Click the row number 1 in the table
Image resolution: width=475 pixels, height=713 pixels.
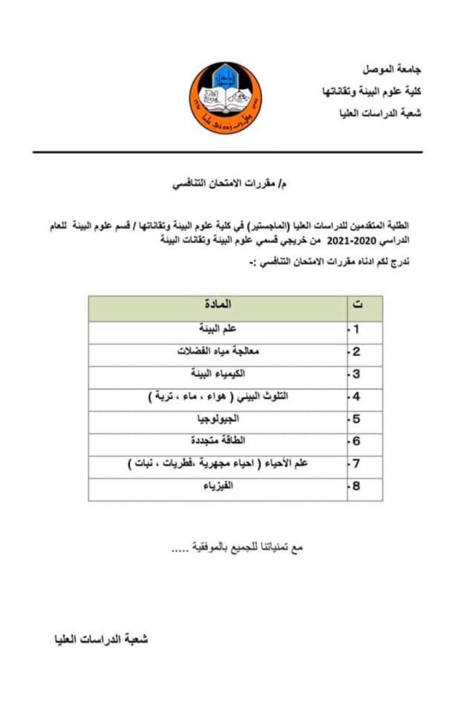356,330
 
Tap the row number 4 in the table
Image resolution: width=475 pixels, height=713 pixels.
356,397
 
